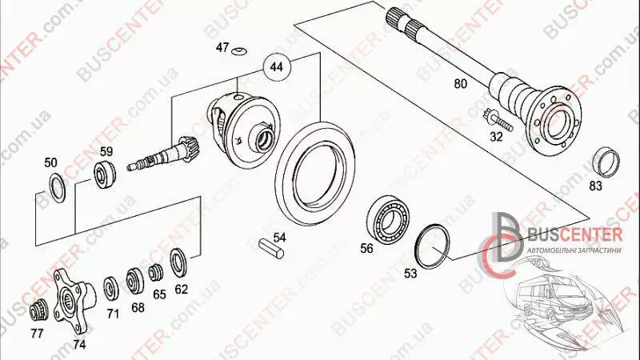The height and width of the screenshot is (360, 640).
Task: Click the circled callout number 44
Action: (x=277, y=66)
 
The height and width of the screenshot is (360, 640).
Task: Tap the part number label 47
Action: (x=222, y=47)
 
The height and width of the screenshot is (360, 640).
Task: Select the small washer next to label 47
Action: (x=238, y=51)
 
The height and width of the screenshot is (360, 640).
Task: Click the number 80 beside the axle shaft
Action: (x=461, y=84)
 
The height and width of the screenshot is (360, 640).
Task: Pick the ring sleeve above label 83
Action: (x=606, y=163)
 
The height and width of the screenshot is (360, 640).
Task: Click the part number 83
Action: (x=596, y=186)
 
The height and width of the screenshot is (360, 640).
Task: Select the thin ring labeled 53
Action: (x=432, y=246)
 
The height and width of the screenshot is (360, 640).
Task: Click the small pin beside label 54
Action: (x=271, y=250)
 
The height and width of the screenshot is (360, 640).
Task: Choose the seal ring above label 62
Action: (x=178, y=262)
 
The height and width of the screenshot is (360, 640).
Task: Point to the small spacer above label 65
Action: (x=155, y=273)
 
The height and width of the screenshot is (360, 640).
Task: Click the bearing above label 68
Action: (x=134, y=281)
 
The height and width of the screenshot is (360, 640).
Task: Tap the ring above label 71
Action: (x=111, y=289)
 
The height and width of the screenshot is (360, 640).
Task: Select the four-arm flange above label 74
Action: (x=74, y=301)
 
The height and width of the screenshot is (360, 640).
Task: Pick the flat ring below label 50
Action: (x=57, y=188)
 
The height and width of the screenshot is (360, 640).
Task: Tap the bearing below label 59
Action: (x=105, y=174)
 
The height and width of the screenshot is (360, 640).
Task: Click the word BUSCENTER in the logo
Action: (x=574, y=235)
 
